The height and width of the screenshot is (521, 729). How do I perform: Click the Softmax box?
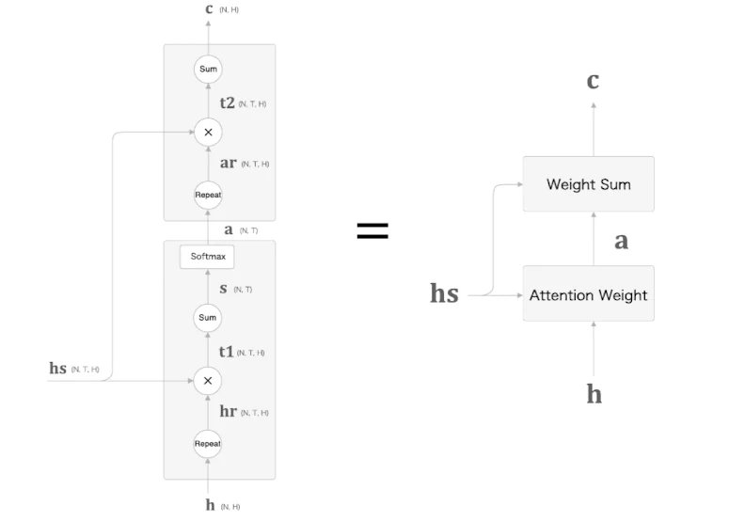[207, 257]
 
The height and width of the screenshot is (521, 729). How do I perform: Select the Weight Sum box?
[589, 184]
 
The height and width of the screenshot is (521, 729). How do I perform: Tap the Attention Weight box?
[589, 293]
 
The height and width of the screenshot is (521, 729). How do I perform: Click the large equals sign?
[372, 230]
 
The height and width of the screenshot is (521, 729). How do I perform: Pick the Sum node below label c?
[208, 70]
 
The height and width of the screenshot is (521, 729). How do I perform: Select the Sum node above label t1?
[208, 318]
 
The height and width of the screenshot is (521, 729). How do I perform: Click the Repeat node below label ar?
[208, 196]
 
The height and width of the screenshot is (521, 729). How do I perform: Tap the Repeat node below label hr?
[208, 444]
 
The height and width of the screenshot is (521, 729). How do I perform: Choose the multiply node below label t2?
[208, 133]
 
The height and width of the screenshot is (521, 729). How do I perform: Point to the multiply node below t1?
[208, 381]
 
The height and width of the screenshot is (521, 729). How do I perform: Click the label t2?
[228, 103]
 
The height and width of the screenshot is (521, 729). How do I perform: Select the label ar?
[229, 163]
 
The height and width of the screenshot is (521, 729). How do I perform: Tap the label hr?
[229, 411]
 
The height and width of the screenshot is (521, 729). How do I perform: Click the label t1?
[227, 352]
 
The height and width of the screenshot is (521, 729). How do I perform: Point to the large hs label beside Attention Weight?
[445, 293]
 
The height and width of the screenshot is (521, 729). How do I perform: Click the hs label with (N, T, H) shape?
[58, 368]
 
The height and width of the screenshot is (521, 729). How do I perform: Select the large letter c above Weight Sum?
[593, 81]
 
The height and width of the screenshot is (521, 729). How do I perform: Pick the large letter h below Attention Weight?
[594, 394]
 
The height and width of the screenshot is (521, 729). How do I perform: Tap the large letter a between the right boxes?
[622, 241]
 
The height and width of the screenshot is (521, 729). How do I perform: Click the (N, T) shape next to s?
[243, 290]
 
